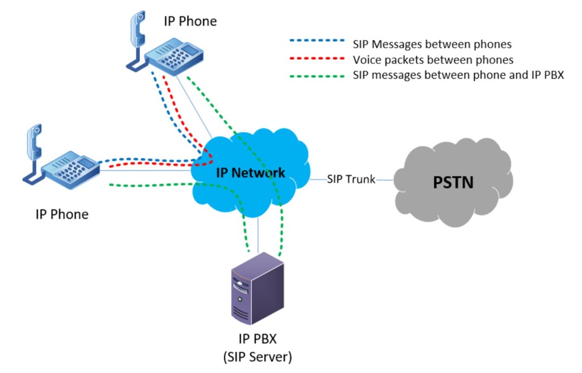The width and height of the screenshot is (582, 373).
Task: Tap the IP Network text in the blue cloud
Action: point(251,173)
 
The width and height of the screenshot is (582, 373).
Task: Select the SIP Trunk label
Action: point(351,179)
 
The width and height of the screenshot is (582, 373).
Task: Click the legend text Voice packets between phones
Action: point(433,59)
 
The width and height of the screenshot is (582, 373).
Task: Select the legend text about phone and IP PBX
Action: point(458,75)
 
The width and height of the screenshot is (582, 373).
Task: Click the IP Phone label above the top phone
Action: point(190,22)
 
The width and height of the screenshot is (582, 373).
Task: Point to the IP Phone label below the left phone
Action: point(62,214)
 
